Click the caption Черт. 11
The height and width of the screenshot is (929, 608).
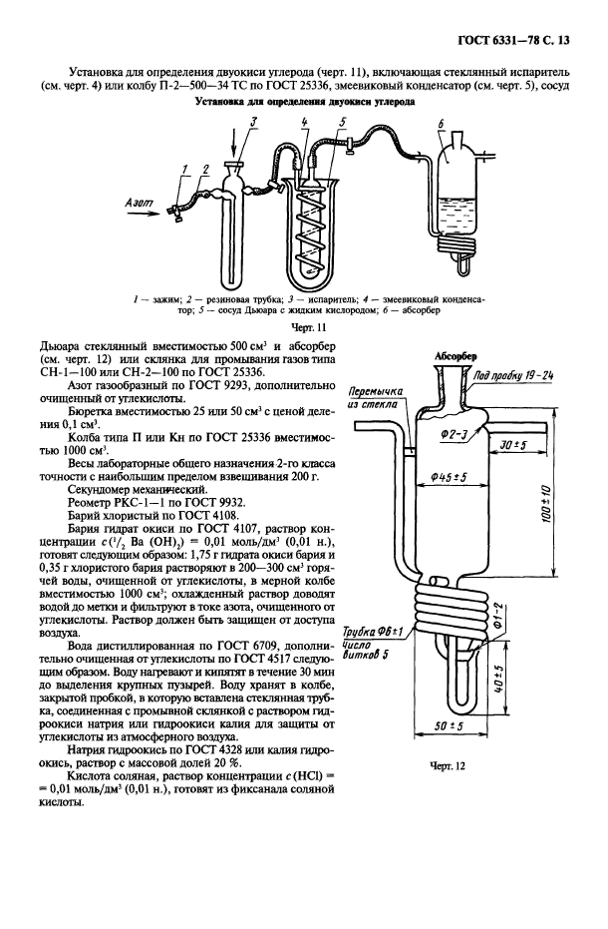click(x=302, y=325)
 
